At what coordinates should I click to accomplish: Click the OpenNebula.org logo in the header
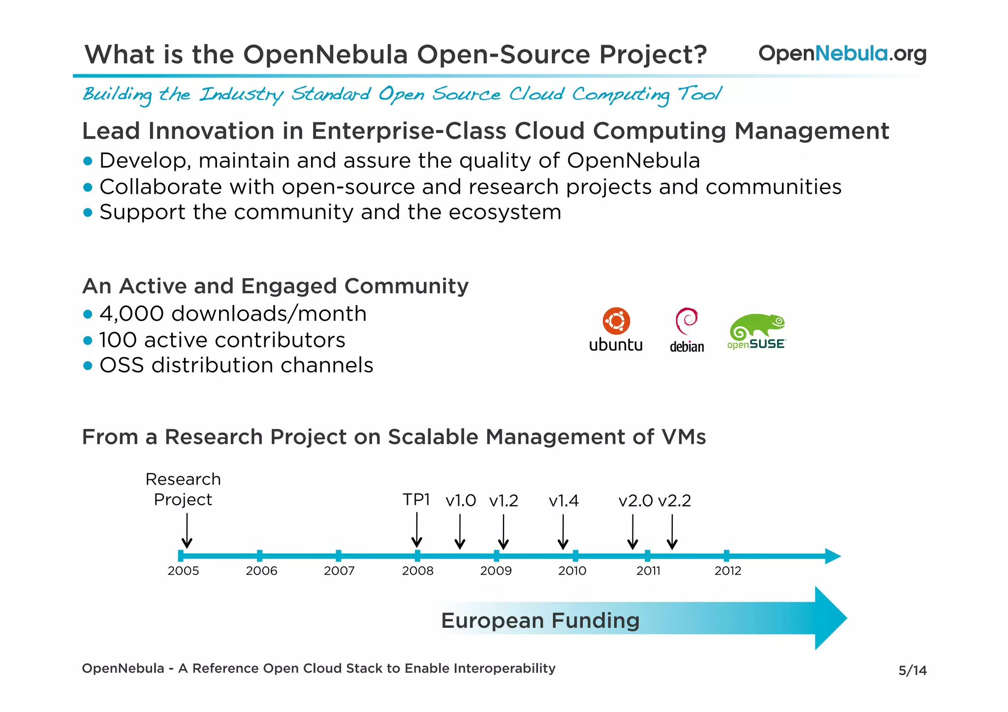coord(842,54)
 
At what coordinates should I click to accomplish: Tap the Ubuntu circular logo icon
coord(616,321)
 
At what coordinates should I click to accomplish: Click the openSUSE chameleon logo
coord(756,327)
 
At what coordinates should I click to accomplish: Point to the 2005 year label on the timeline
coord(183,571)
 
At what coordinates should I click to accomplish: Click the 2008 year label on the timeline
coord(417,571)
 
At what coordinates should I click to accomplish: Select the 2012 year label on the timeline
coord(727,571)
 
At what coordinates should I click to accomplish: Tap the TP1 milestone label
coord(416,500)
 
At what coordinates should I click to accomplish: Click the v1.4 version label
coord(564,501)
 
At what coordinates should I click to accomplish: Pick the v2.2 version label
coord(674,501)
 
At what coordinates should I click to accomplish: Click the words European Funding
coord(540,620)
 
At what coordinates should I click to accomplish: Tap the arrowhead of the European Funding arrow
coord(830,618)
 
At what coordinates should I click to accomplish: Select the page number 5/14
coord(912,671)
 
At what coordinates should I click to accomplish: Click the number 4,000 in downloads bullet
coord(131,314)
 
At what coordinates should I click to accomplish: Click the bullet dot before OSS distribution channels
coord(88,366)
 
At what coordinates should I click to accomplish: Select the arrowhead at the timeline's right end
coord(833,556)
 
